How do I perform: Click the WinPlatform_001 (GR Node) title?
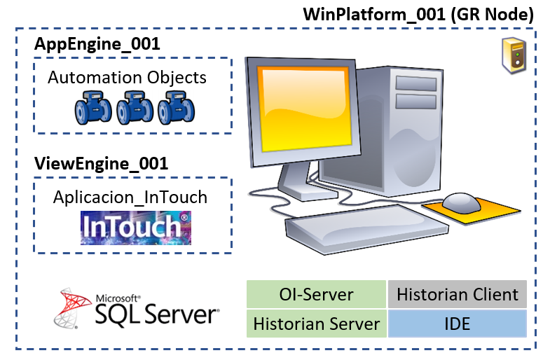point(418,15)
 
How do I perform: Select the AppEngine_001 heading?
point(97,44)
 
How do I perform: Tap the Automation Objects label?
point(127,78)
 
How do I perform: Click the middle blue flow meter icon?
point(135,108)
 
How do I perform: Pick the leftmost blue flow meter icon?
point(93,108)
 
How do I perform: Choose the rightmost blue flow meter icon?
point(176,108)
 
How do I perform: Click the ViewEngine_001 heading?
point(101,164)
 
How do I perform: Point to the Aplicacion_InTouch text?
point(130,198)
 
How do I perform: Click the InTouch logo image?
point(136,228)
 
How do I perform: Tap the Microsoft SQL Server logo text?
point(157,310)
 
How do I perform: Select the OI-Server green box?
point(317,294)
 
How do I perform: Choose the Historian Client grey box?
point(458,294)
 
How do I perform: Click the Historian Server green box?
point(317,324)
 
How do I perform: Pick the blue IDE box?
point(458,324)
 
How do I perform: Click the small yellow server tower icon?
point(514,55)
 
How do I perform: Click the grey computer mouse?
point(461,203)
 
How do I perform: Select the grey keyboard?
point(366,227)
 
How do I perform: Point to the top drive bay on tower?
point(416,83)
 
